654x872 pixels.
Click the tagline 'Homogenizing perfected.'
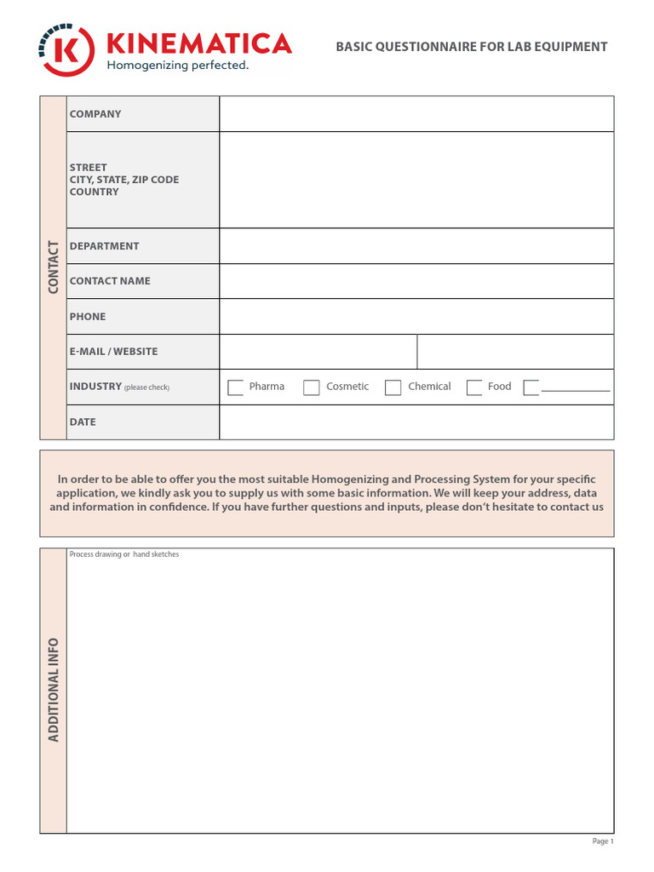[176, 66]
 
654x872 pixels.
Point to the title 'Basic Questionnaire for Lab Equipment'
[471, 47]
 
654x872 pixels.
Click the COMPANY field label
[95, 114]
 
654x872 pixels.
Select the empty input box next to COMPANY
[416, 114]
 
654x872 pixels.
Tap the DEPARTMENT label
[104, 246]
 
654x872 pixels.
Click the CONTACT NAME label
[110, 281]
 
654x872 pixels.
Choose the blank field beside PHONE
[416, 317]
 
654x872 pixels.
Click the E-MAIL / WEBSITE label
[113, 352]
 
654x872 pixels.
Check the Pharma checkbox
[236, 387]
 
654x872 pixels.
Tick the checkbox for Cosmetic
[312, 387]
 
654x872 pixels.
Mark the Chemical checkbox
[393, 387]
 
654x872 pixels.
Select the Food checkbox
[474, 387]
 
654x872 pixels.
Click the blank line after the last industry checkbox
[576, 389]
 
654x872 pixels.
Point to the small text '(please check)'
[147, 387]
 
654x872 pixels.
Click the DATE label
[83, 422]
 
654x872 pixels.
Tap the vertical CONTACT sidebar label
[54, 267]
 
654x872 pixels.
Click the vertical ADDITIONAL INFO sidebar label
[54, 690]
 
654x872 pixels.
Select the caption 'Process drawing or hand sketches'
[124, 554]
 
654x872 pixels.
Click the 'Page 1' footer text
[602, 841]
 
